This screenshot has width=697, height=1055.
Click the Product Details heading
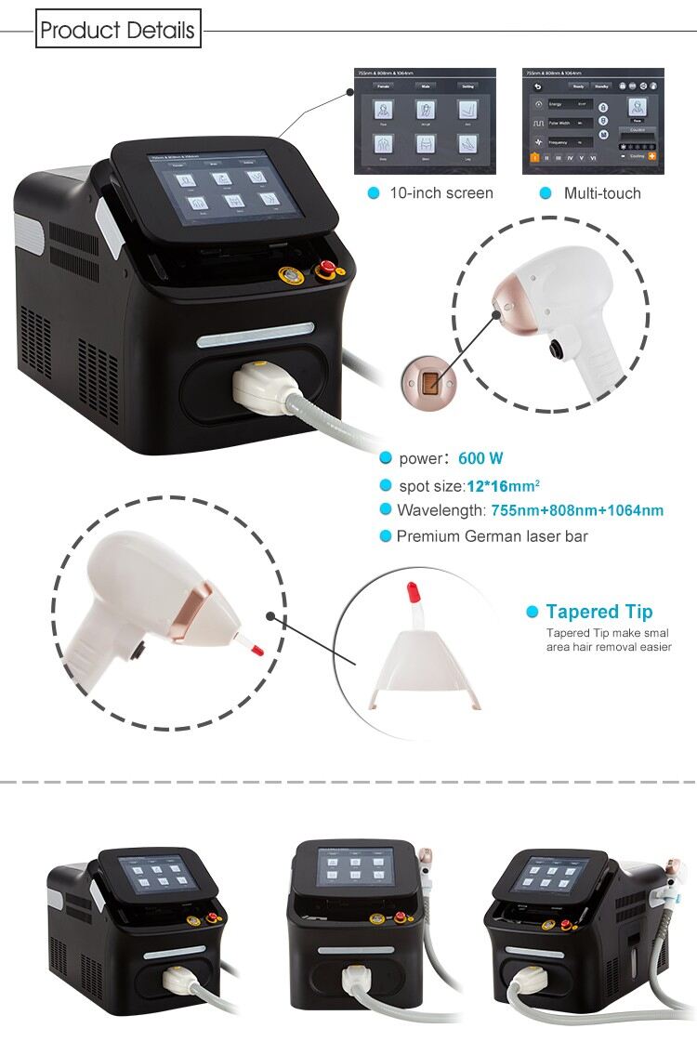pyautogui.click(x=117, y=31)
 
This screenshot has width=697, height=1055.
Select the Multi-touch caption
pyautogui.click(x=602, y=193)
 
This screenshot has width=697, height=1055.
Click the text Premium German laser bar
pyautogui.click(x=492, y=536)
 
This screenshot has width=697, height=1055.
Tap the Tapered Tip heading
pyautogui.click(x=599, y=612)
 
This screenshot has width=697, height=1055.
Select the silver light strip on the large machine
pyautogui.click(x=256, y=332)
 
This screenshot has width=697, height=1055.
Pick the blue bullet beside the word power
pyautogui.click(x=386, y=458)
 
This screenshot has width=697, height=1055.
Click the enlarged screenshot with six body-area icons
pyautogui.click(x=425, y=121)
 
